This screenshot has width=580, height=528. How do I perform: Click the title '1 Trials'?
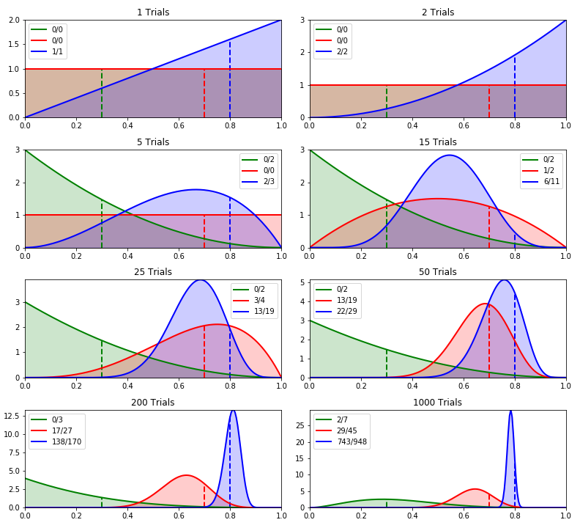153,12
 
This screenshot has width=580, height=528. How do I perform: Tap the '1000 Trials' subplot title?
437,403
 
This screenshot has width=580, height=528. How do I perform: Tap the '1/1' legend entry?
57,52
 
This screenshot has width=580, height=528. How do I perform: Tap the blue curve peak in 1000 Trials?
510,411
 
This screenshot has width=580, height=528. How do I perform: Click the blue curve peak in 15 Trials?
449,155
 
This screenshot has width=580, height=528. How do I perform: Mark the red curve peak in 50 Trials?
486,304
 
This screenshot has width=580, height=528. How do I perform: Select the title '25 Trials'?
153,272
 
